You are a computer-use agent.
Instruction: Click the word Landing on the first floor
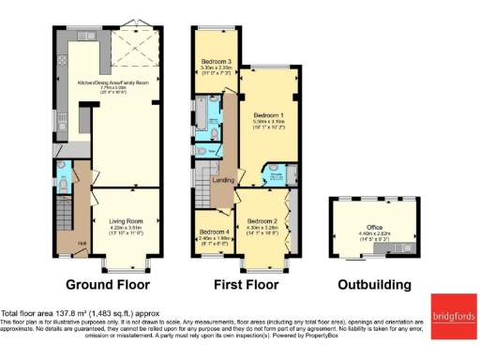tap(224, 180)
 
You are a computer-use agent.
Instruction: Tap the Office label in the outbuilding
tap(374, 227)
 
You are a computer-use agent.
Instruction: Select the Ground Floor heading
tap(107, 284)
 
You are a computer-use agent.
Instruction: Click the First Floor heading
tap(241, 284)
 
